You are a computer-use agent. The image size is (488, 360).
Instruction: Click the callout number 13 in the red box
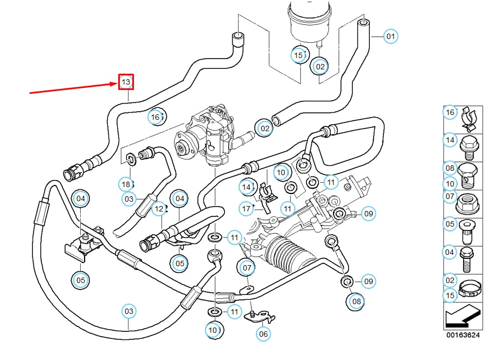point(126,82)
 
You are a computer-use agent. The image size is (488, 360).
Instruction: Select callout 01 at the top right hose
point(390,37)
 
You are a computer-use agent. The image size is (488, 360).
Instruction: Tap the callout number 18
point(126,184)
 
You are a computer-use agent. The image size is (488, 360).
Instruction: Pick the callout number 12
point(158,208)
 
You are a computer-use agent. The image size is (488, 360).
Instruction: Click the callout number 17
point(247,208)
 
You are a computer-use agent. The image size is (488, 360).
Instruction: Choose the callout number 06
point(263,334)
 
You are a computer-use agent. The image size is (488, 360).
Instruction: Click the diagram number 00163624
point(463,335)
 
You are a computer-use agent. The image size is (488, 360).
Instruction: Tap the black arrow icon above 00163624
point(462,317)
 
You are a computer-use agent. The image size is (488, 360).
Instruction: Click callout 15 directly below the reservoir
point(298,55)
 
